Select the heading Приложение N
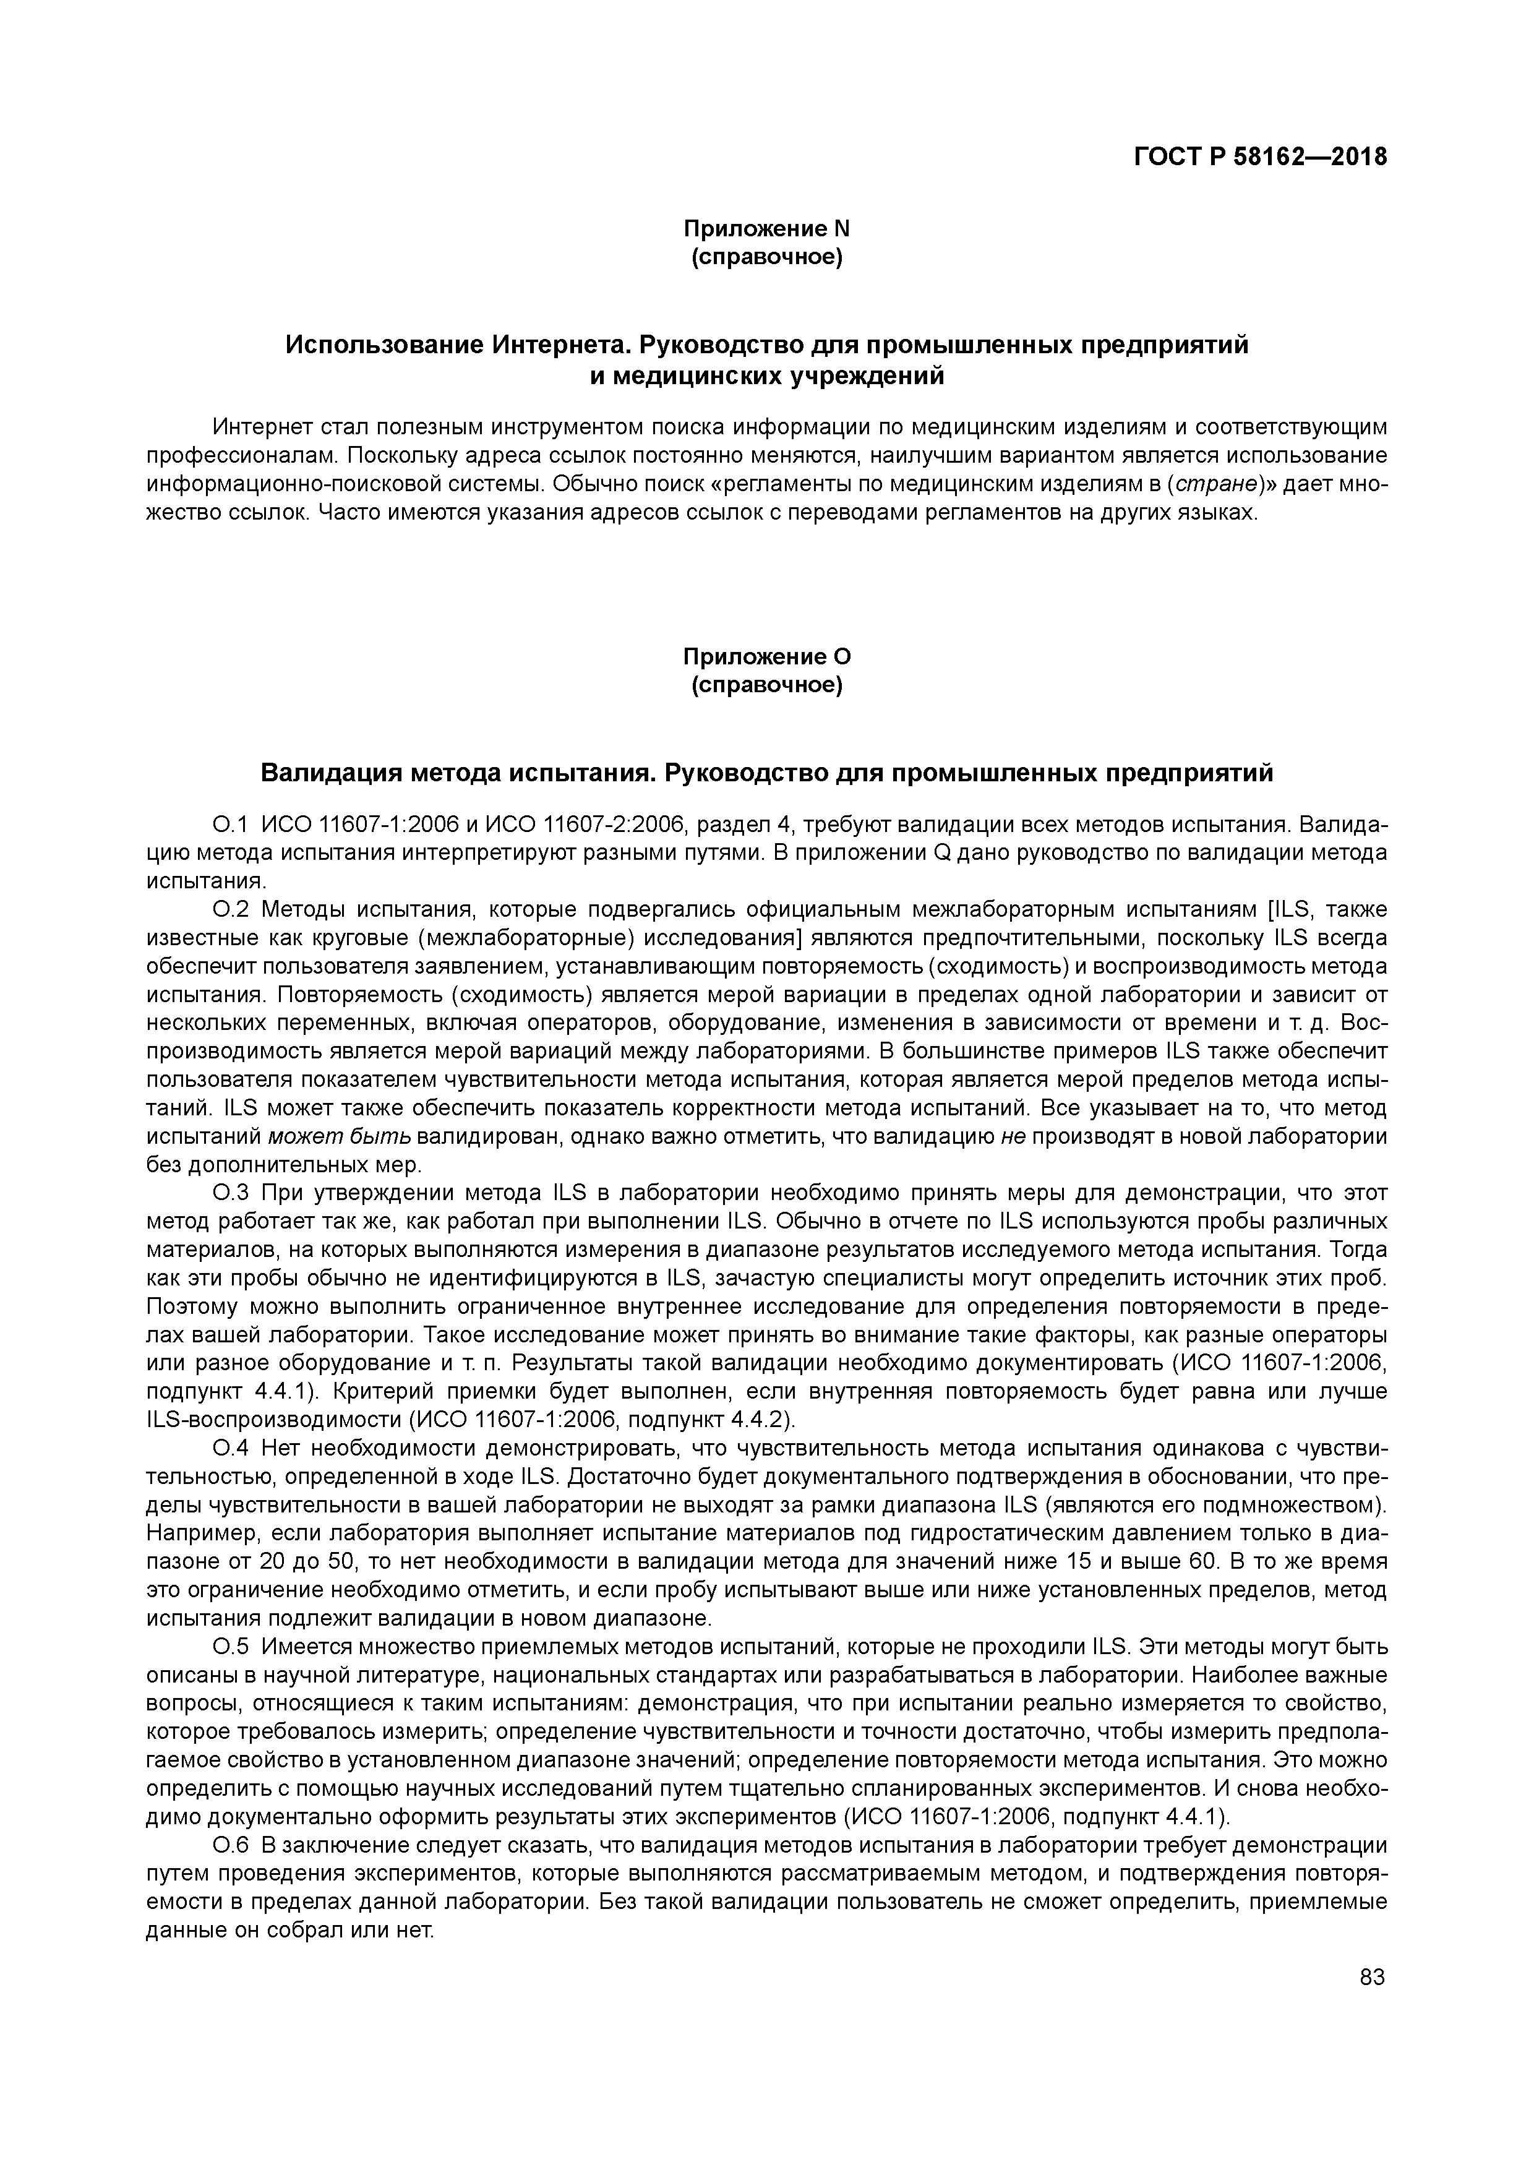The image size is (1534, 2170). tap(766, 229)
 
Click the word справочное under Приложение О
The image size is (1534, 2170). tap(766, 684)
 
